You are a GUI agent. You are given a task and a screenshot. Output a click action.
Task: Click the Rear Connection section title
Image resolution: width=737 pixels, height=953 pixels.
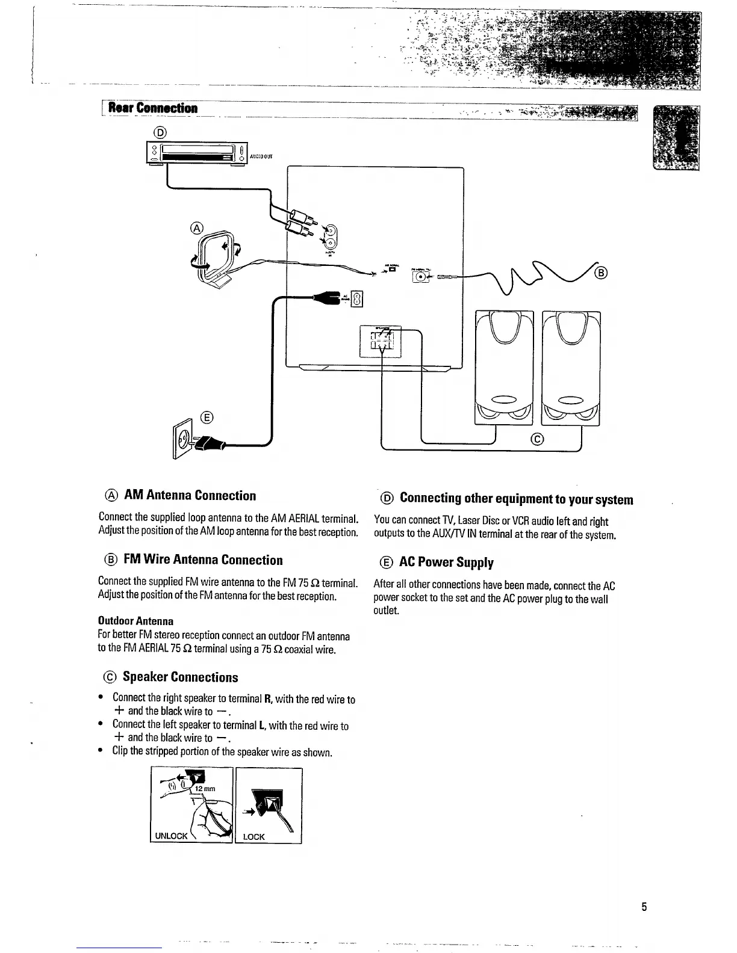pos(154,108)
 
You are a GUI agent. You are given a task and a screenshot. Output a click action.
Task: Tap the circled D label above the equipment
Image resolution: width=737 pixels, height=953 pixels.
pos(160,132)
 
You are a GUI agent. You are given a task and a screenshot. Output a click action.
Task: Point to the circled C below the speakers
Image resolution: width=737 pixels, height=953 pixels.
pos(538,439)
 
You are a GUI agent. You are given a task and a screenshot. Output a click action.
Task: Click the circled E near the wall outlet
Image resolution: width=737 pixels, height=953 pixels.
pos(207,418)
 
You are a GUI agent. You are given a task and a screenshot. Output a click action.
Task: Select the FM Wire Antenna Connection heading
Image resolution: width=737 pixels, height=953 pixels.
pos(203,560)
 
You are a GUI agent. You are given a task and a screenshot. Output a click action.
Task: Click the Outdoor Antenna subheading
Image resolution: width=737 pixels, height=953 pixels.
pos(135,621)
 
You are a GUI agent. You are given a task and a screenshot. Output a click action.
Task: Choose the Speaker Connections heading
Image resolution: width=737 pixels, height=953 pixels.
pos(180,677)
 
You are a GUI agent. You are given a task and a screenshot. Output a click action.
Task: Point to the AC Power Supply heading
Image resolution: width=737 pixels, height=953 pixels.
pos(446,563)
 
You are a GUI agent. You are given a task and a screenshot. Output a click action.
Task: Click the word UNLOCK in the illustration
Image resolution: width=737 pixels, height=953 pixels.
pos(172,836)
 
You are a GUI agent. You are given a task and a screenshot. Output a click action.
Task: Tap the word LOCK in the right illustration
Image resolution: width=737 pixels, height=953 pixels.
pos(253,837)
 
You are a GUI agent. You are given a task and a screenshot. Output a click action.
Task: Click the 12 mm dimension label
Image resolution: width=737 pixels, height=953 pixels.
pos(205,789)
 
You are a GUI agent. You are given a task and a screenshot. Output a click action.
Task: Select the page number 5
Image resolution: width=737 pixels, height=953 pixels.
pos(644,907)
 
